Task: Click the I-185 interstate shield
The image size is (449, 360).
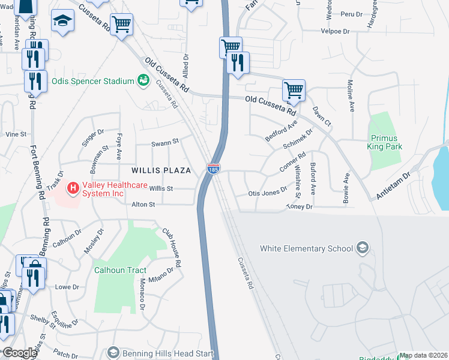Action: click(213, 170)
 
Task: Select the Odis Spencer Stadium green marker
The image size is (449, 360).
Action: click(143, 80)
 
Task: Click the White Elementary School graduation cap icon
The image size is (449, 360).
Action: click(362, 247)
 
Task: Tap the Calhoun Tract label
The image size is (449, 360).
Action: click(120, 270)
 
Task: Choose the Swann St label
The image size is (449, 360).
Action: click(165, 142)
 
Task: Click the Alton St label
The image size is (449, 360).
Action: click(143, 205)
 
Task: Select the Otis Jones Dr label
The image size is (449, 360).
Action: click(267, 193)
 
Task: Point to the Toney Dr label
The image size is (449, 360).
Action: click(300, 206)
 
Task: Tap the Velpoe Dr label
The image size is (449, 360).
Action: click(334, 31)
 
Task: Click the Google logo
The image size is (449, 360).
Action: click(20, 353)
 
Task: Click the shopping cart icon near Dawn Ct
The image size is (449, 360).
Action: click(294, 91)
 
